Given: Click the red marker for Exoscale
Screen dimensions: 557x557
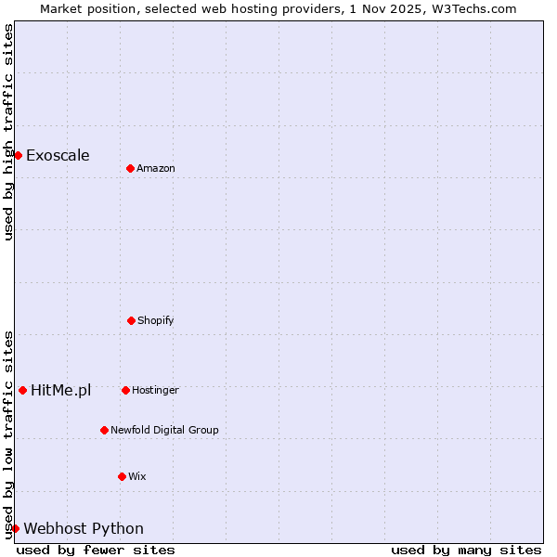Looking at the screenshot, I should click(x=18, y=155).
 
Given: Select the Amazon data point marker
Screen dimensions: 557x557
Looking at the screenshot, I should click(x=130, y=168).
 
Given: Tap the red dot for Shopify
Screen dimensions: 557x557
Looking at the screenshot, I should click(x=131, y=320).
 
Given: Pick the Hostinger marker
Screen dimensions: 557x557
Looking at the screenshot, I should click(x=125, y=390).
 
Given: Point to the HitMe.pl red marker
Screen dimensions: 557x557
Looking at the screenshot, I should click(x=22, y=390).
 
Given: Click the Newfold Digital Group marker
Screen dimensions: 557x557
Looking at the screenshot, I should click(x=104, y=430).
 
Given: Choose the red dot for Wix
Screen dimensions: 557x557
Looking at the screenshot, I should click(x=122, y=476).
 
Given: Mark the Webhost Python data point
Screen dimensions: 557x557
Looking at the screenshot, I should click(x=15, y=528).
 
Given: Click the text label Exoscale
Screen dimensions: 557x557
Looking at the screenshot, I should click(x=58, y=155).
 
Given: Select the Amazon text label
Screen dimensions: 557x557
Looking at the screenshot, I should click(x=156, y=168).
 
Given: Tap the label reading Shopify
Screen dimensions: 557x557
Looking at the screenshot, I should click(x=156, y=320).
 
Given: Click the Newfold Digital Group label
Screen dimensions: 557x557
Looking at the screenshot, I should click(x=164, y=430).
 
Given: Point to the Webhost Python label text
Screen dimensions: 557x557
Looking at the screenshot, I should click(x=84, y=528).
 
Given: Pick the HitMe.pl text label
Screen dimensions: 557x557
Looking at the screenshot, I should click(x=60, y=390).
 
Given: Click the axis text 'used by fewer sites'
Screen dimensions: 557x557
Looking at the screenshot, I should click(x=96, y=550).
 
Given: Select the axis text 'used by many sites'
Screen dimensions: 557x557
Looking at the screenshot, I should click(x=466, y=550).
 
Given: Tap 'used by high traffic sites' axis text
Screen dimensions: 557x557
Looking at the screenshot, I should click(x=8, y=132).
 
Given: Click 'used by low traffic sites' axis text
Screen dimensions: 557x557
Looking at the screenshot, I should click(x=8, y=434).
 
